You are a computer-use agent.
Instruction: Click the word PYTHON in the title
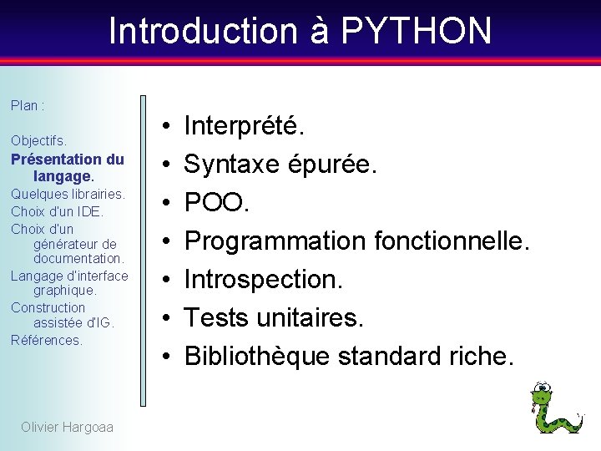(x=416, y=31)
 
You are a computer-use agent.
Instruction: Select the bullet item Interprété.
(x=245, y=127)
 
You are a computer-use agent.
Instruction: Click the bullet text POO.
(x=217, y=203)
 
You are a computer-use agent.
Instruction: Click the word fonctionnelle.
(x=452, y=241)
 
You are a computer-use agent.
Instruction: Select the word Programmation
(x=275, y=241)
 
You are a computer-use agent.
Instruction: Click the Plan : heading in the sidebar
(x=28, y=105)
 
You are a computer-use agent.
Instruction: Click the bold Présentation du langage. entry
(x=68, y=168)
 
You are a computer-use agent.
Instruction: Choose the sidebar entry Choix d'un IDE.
(x=58, y=211)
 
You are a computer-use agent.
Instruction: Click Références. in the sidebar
(x=47, y=340)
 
